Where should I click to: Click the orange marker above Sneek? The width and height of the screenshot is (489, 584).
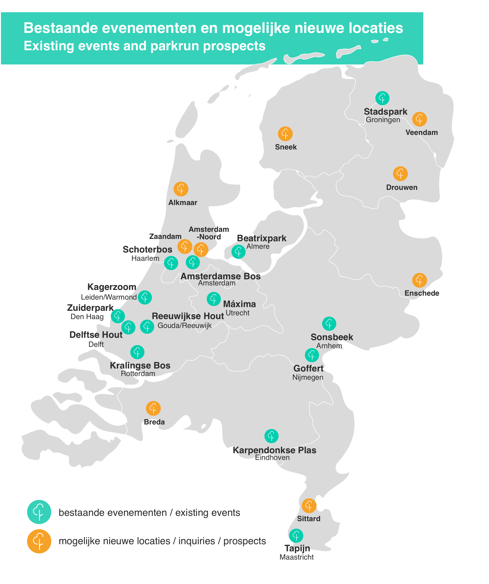tap(285, 134)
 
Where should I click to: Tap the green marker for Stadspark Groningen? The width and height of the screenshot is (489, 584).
tap(382, 98)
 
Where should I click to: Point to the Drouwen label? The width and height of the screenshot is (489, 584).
tap(402, 188)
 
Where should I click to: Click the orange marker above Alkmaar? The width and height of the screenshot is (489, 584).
tap(181, 189)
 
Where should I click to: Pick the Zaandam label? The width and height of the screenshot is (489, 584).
tap(165, 236)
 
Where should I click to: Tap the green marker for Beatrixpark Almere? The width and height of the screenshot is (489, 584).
tap(238, 252)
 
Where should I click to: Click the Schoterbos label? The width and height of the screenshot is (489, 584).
tap(147, 249)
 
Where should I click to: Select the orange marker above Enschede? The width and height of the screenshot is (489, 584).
tap(419, 280)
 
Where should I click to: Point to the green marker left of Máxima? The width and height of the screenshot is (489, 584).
tap(214, 299)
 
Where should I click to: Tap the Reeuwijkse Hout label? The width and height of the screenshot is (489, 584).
tap(188, 316)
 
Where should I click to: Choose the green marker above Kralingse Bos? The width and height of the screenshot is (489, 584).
tap(137, 352)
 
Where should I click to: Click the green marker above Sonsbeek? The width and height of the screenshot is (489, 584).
tap(329, 324)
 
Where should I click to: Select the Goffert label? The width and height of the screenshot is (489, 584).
tap(308, 369)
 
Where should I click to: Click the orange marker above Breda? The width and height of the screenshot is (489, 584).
tap(153, 408)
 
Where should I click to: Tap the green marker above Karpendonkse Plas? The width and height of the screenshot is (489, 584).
tap(271, 436)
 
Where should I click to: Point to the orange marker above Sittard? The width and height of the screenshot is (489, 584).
tap(309, 506)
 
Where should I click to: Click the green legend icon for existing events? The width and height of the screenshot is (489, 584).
tap(39, 512)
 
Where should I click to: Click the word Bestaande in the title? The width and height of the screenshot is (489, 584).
tap(61, 28)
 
